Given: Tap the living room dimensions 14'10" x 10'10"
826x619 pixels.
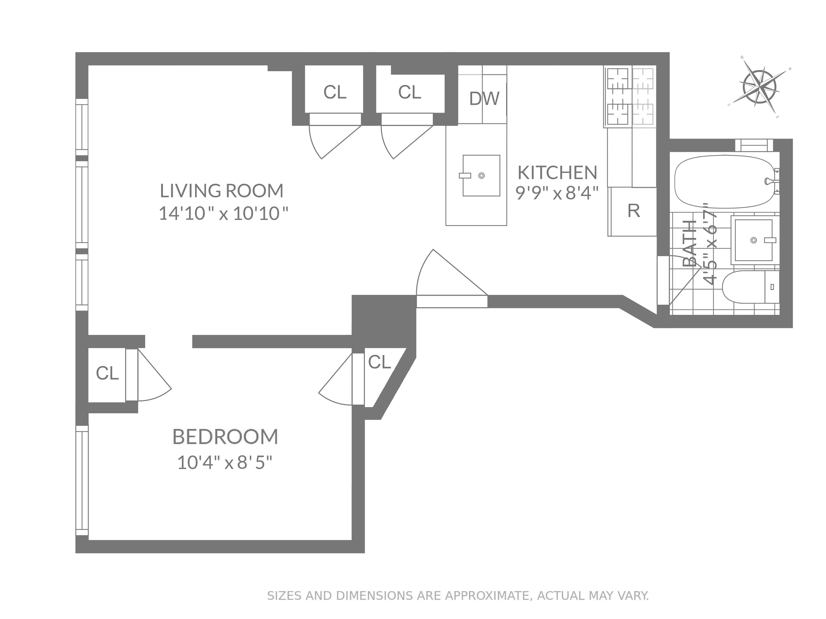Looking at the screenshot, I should pos(223,214).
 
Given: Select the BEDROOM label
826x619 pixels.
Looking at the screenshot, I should pos(225,437).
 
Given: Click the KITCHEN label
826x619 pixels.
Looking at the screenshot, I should pos(557,172).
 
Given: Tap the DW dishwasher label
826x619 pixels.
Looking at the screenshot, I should pos(484,98).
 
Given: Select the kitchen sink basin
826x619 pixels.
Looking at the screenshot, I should pos(481,175).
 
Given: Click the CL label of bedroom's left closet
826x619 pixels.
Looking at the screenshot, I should pos(107,373).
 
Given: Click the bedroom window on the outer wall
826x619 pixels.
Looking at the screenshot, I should pos(82,481).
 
